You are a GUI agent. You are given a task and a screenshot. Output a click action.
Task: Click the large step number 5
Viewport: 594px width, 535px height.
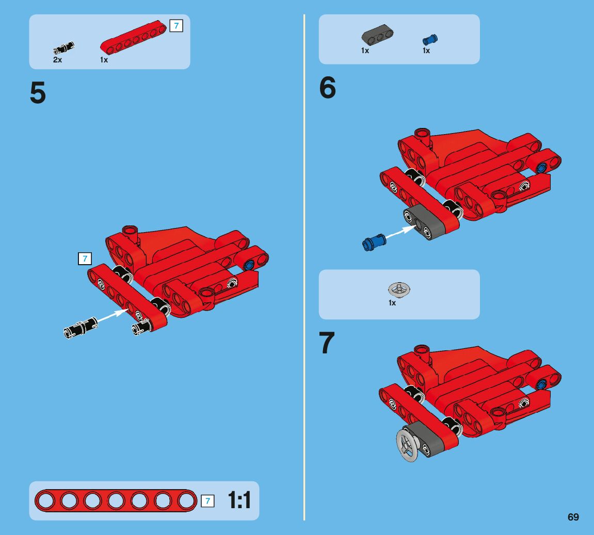pos(38,92)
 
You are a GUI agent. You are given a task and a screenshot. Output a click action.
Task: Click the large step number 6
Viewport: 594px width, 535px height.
pos(328,87)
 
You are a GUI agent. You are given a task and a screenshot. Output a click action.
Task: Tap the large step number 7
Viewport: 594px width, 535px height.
pos(327,342)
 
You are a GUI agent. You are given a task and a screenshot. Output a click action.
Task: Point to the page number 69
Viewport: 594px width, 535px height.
pos(573,517)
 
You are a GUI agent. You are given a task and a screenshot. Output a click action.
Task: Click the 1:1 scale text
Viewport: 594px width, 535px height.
pos(239,500)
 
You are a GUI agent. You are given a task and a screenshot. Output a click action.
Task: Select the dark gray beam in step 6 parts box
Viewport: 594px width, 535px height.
pos(377,35)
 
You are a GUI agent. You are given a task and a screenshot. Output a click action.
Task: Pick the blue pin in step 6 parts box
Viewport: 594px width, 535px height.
pos(430,39)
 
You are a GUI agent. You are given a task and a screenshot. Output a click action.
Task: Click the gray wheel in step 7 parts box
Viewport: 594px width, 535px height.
pos(399,289)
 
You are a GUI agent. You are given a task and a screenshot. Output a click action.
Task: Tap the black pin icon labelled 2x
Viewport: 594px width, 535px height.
pos(63,48)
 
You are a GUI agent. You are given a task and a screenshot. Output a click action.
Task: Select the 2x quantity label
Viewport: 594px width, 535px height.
pos(58,60)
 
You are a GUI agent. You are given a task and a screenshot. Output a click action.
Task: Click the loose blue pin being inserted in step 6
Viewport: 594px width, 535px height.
pos(374,242)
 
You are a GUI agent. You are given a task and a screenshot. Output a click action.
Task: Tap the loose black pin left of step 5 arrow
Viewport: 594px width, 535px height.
pos(81,328)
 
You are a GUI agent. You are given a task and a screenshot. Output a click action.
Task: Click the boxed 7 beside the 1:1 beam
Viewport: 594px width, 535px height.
pos(207,501)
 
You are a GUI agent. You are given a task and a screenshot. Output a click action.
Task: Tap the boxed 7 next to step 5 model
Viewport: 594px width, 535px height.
pos(85,258)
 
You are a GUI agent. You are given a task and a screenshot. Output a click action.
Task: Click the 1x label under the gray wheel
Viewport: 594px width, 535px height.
pos(392,303)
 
